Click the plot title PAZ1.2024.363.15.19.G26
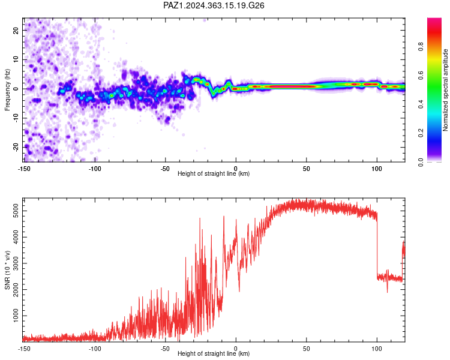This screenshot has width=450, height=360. (x=214, y=5)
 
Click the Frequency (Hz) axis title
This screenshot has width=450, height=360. (x=7, y=89)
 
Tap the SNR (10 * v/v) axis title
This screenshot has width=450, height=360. (x=7, y=270)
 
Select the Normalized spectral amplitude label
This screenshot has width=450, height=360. (x=445, y=89)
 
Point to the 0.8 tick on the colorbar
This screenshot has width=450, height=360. (x=421, y=46)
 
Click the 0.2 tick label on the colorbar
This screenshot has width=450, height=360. (x=421, y=133)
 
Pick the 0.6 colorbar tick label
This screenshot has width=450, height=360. (x=421, y=75)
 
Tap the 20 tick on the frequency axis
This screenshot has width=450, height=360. (x=16, y=30)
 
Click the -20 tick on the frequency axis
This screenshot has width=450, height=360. (x=16, y=148)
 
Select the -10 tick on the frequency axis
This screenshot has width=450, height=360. (x=16, y=118)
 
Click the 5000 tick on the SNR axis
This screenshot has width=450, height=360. (x=16, y=211)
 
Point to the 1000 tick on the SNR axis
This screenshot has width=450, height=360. (x=16, y=316)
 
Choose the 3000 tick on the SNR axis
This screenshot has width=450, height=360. (x=16, y=263)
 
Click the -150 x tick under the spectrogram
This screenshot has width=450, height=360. (x=24, y=169)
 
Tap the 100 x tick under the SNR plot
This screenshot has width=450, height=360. (x=377, y=349)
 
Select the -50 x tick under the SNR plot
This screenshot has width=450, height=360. (x=165, y=349)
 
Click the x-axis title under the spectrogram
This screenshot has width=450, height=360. (x=214, y=173)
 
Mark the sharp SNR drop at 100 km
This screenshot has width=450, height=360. (x=377, y=245)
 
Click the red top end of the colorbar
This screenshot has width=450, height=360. (x=434, y=20)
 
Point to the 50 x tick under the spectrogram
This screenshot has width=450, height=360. (x=306, y=169)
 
